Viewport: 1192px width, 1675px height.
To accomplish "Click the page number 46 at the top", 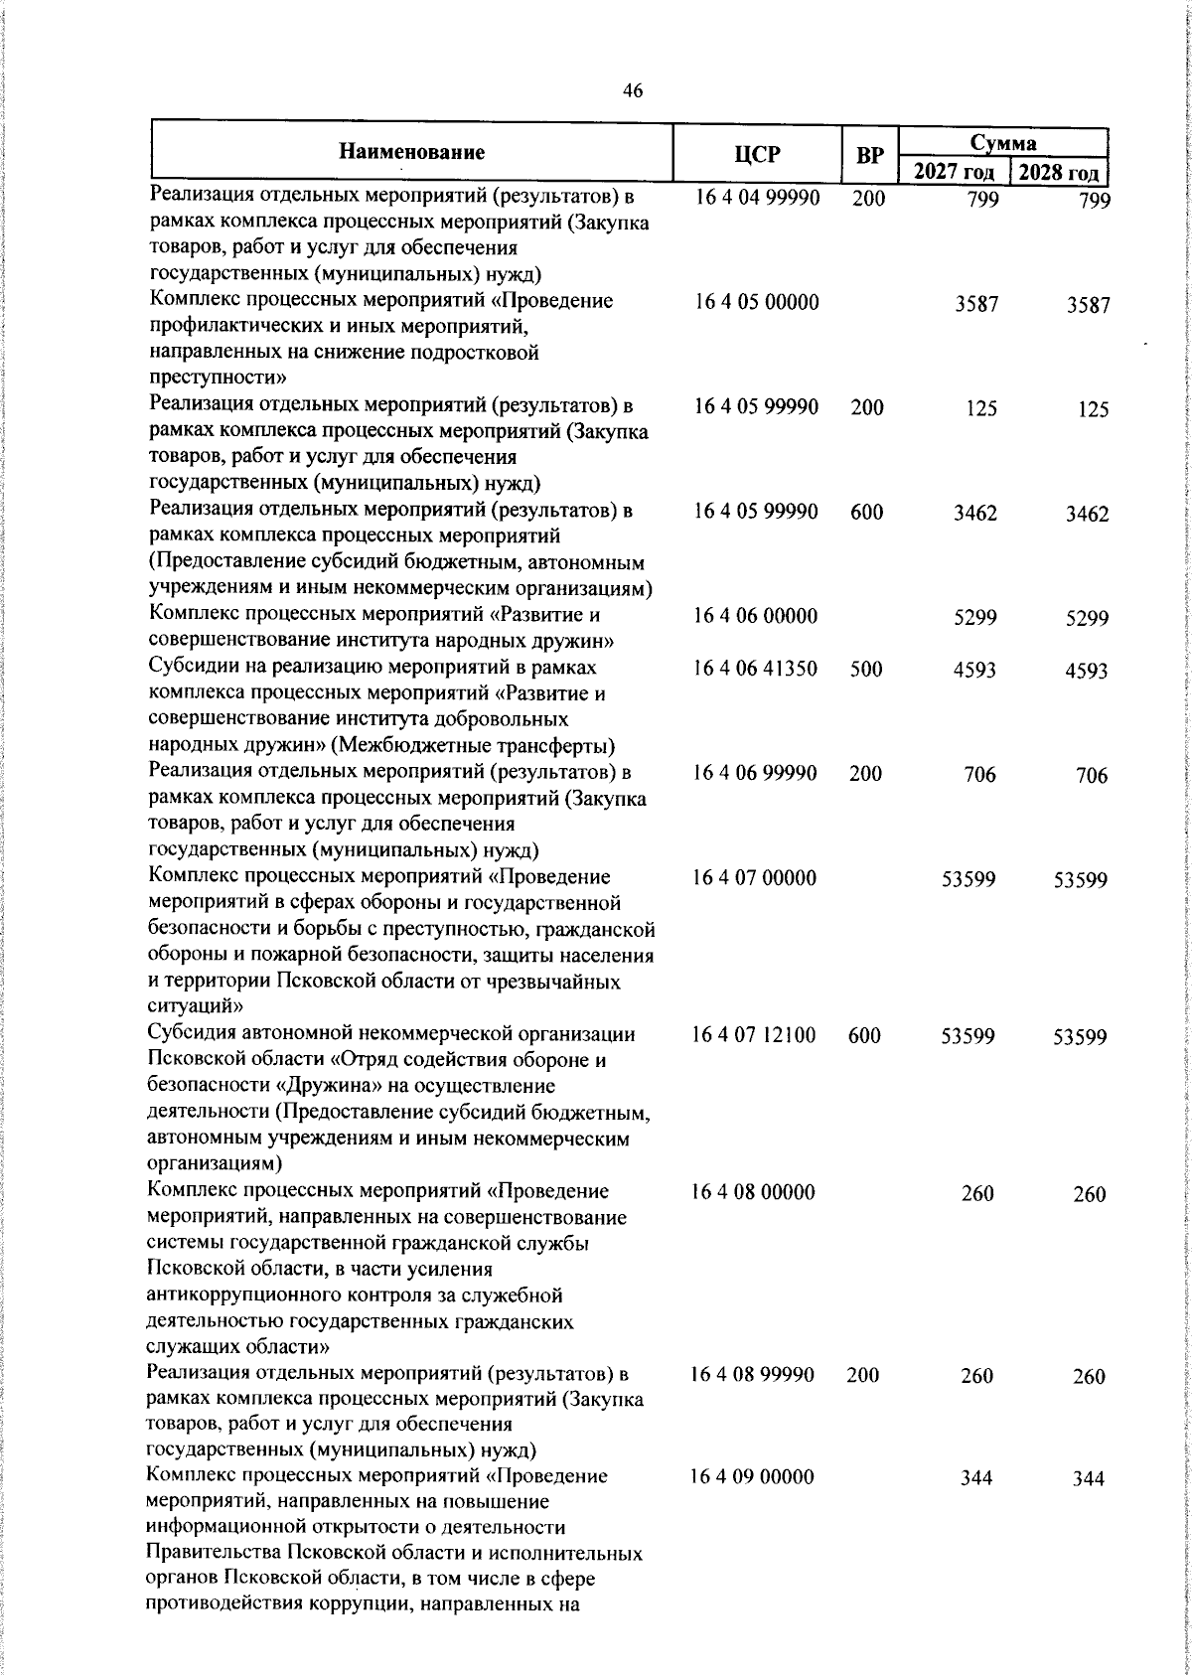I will click(x=633, y=91).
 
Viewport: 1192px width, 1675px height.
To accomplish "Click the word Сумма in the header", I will click(x=1003, y=142).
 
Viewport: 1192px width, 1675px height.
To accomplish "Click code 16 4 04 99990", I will click(x=757, y=198).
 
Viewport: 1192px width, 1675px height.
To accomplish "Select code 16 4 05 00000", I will click(x=757, y=302).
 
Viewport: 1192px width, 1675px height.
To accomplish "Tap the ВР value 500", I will click(x=866, y=669).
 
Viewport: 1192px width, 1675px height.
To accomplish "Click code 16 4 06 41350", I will click(x=756, y=669).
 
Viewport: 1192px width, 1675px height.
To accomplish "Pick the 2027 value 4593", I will click(x=974, y=670).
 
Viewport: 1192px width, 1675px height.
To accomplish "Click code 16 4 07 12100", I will click(x=754, y=1035).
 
